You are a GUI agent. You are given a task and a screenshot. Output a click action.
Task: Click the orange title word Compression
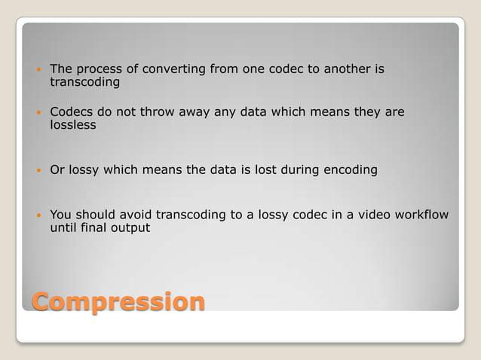click(x=118, y=301)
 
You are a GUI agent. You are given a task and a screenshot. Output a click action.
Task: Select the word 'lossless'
click(x=73, y=125)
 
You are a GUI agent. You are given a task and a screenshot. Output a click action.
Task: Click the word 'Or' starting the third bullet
click(x=57, y=169)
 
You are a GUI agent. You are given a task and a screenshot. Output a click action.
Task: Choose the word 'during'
click(x=300, y=169)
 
